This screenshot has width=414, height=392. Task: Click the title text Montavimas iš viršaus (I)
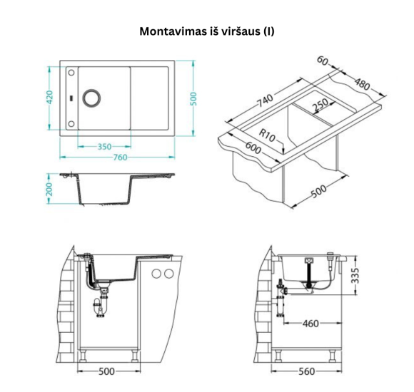pyautogui.click(x=206, y=31)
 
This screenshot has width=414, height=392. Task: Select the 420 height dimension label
pyautogui.click(x=51, y=97)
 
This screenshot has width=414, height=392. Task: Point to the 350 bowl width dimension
pyautogui.click(x=105, y=147)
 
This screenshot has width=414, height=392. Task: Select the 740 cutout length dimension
pyautogui.click(x=263, y=102)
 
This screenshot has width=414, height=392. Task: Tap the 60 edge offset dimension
pyautogui.click(x=323, y=63)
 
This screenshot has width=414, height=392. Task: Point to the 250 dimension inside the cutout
pyautogui.click(x=320, y=104)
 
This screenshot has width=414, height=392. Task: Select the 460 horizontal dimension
pyautogui.click(x=310, y=324)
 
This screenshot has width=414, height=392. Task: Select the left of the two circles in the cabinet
pyautogui.click(x=156, y=274)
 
